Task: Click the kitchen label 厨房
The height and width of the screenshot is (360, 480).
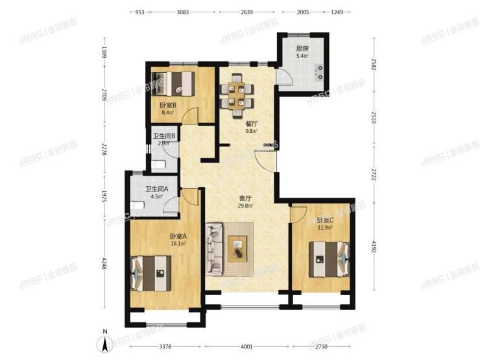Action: point(302,49)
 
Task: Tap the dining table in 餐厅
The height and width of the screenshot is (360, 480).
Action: point(236,95)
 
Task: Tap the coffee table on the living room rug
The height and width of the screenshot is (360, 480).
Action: point(238,246)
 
